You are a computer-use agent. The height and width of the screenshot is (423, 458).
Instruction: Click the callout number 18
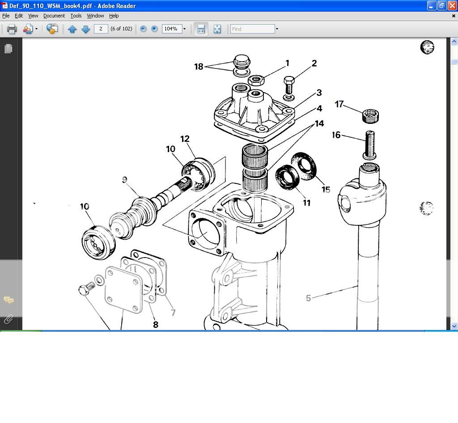[199, 67]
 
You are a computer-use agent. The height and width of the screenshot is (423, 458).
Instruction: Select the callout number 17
[339, 104]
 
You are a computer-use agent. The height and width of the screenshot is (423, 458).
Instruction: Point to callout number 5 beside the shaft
[308, 298]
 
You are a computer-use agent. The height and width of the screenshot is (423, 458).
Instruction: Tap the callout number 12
[185, 139]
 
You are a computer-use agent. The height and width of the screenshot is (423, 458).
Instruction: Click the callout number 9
[124, 180]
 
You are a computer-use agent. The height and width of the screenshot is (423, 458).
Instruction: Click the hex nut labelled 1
[256, 81]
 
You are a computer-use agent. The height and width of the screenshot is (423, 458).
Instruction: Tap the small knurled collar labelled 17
[370, 116]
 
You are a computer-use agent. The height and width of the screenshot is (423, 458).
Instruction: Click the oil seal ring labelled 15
[304, 165]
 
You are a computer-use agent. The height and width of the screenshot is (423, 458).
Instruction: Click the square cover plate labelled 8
[123, 289]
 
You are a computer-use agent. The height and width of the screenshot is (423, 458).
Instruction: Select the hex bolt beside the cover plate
[85, 288]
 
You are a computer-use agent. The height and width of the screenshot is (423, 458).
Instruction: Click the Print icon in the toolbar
[12, 29]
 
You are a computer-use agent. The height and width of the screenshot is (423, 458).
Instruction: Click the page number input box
[101, 29]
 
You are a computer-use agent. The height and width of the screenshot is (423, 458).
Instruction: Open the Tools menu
[76, 16]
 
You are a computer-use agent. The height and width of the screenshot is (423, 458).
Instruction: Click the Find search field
[252, 29]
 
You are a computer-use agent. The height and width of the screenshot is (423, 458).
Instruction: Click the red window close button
[452, 6]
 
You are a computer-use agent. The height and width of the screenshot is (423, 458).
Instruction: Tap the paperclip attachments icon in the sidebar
[8, 319]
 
